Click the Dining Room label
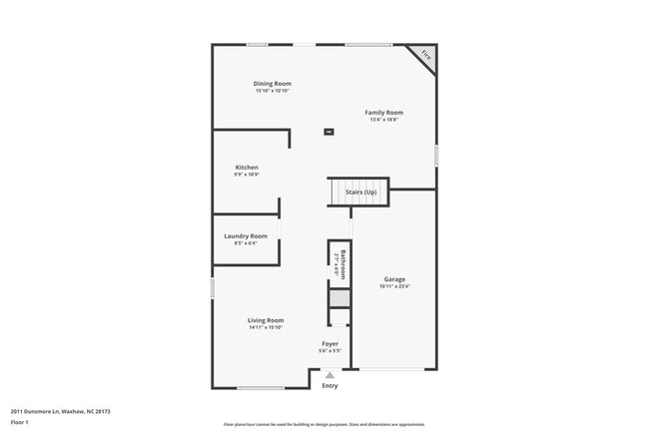point(272,84)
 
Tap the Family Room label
point(383,113)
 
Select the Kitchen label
point(247,168)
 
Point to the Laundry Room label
point(246,236)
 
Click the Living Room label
point(266,320)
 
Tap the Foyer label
point(329,343)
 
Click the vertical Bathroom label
point(341,264)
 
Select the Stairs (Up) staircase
point(357,192)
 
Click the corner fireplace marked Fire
point(423,56)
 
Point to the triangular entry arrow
point(329,376)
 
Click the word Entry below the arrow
point(329,385)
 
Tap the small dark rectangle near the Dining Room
point(328,131)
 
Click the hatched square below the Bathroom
point(340,297)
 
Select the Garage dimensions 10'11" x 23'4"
point(394,286)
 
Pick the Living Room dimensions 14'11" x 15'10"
point(266,327)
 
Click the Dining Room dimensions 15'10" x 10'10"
point(272,91)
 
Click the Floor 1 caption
point(19,423)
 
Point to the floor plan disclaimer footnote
point(324,423)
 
